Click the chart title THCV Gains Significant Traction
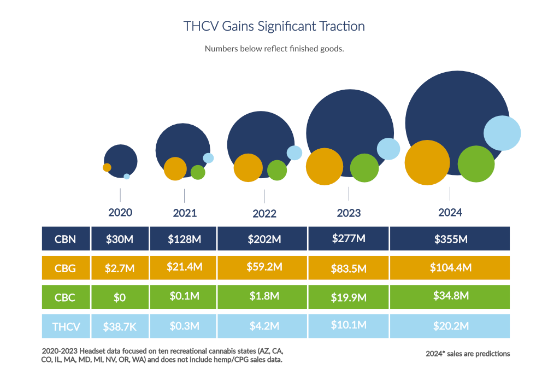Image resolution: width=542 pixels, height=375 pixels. (x=274, y=26)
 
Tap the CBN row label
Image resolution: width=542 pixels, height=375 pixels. (x=65, y=239)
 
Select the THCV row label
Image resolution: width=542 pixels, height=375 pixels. (x=66, y=327)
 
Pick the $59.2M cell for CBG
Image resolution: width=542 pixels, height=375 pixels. (x=263, y=267)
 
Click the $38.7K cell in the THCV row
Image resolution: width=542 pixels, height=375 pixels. (x=120, y=327)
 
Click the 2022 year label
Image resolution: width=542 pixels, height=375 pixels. (x=264, y=214)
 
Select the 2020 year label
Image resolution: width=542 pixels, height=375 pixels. (x=120, y=213)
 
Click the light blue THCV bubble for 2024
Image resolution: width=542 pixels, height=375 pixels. (x=502, y=133)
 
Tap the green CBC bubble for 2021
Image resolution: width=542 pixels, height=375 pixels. (x=198, y=172)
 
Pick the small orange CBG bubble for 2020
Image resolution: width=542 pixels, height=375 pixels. (x=107, y=167)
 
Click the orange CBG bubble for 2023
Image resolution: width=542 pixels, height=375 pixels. (x=324, y=167)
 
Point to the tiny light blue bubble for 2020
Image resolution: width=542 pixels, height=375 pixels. (x=127, y=177)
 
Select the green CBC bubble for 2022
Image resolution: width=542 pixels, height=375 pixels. (x=277, y=170)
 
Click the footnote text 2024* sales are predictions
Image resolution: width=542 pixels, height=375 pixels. (x=468, y=354)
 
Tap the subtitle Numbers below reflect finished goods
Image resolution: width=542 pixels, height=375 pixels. (x=274, y=49)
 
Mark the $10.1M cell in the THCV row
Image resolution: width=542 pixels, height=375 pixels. (x=349, y=325)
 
